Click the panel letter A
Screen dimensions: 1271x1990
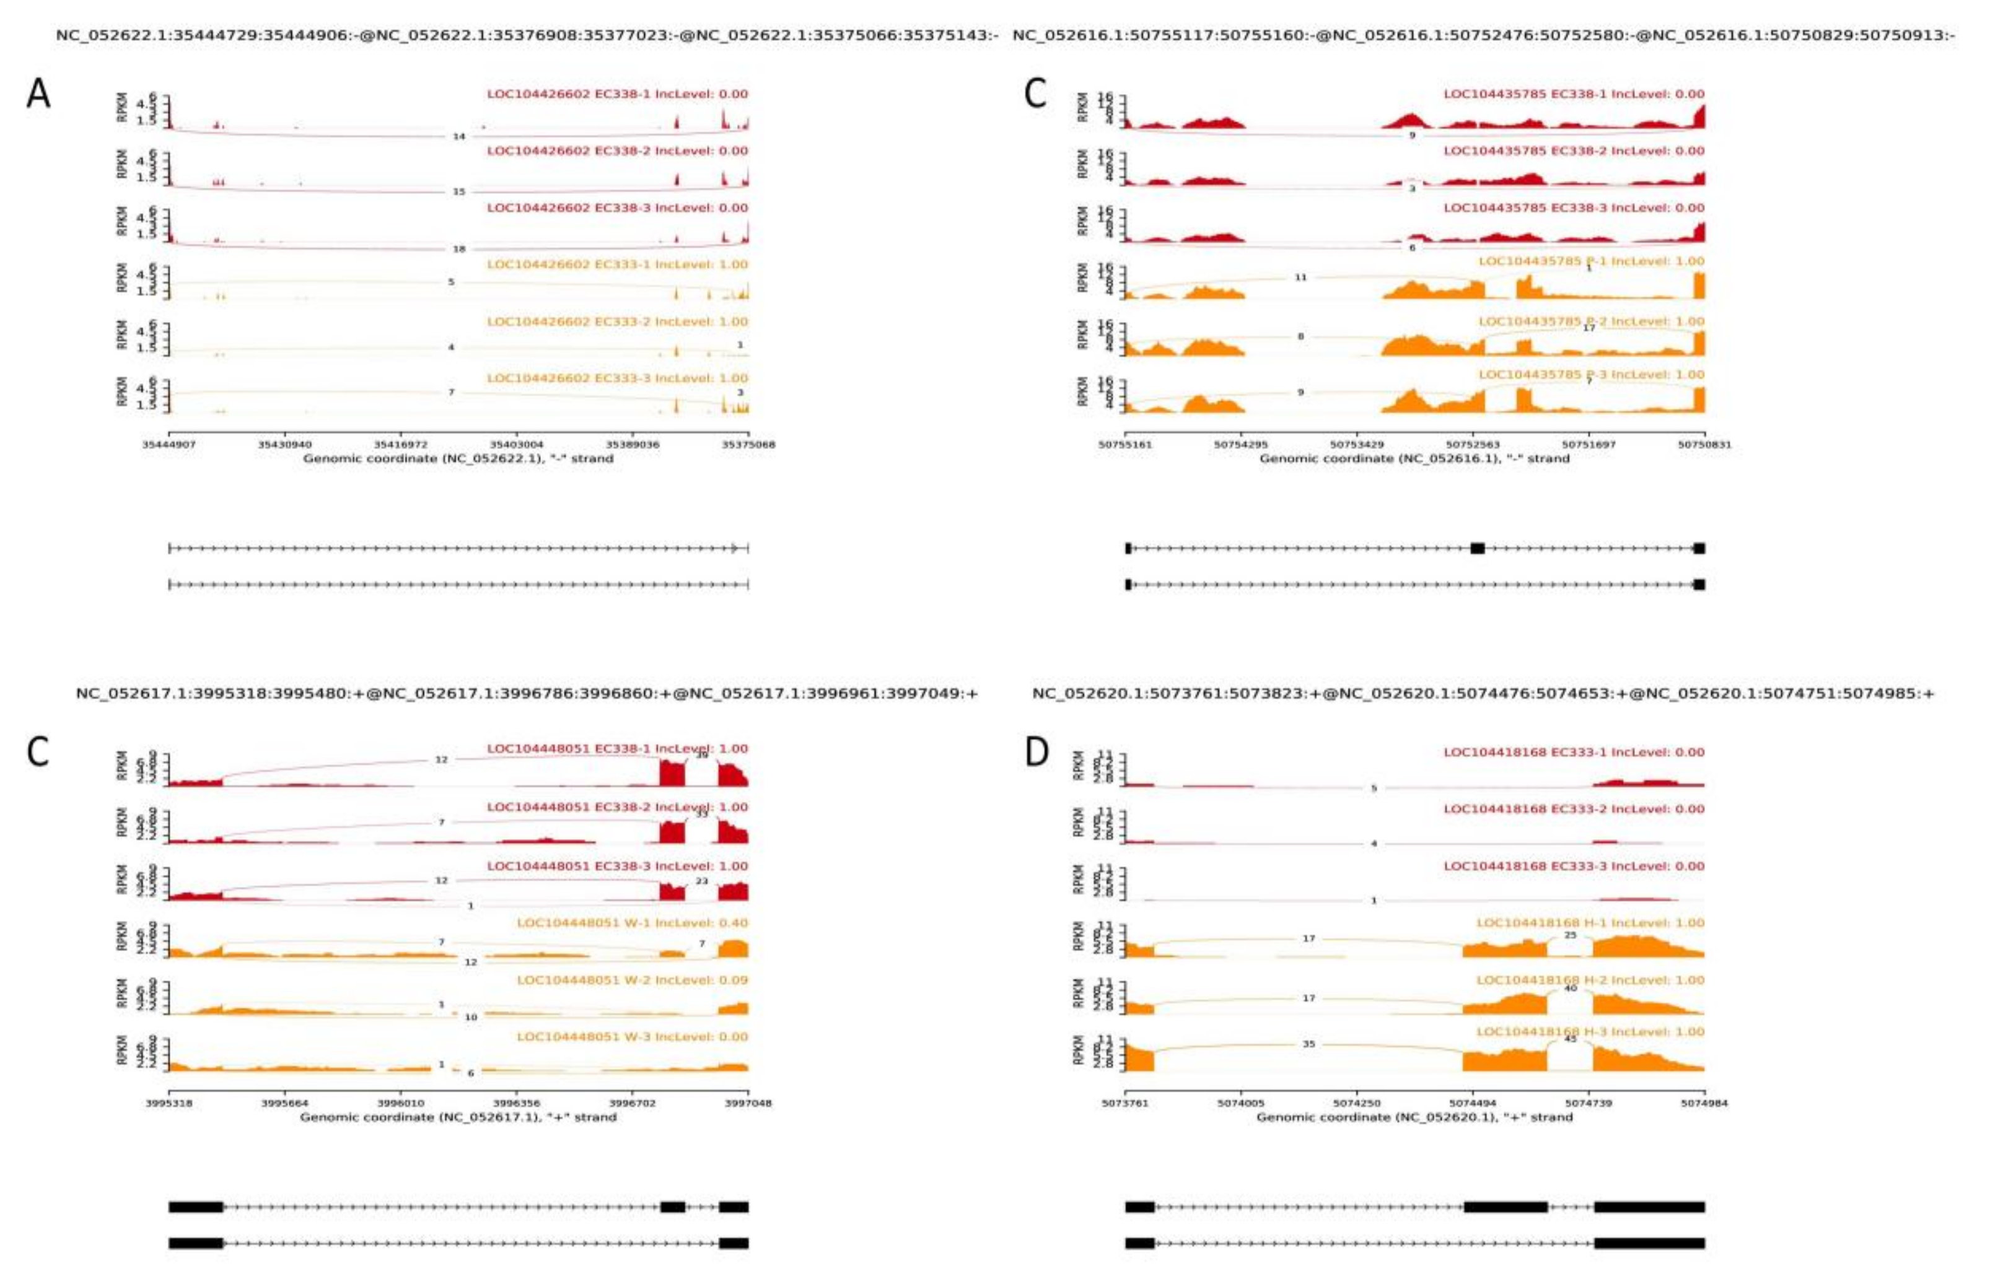(x=39, y=94)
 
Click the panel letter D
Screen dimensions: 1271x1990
(x=1037, y=752)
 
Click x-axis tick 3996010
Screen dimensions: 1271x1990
(x=401, y=1103)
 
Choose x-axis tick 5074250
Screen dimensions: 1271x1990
(x=1357, y=1103)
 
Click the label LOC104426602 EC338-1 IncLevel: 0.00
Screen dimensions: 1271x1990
(x=617, y=94)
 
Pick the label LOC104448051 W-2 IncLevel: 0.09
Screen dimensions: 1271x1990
(x=632, y=980)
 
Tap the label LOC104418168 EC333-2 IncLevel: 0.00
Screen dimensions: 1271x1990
(x=1574, y=809)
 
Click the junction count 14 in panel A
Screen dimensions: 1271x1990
(x=460, y=136)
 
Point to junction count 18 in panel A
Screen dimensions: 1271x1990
(x=460, y=249)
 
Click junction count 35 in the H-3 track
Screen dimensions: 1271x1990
(x=1308, y=1044)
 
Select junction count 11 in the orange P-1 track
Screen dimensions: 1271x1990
(x=1300, y=277)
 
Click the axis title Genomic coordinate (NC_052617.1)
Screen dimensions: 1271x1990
(x=458, y=1117)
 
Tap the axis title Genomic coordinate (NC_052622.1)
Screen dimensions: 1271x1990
(x=458, y=458)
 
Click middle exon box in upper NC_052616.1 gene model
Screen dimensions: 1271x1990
(x=1477, y=548)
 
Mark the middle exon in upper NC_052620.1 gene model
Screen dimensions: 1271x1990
(x=1505, y=1207)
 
